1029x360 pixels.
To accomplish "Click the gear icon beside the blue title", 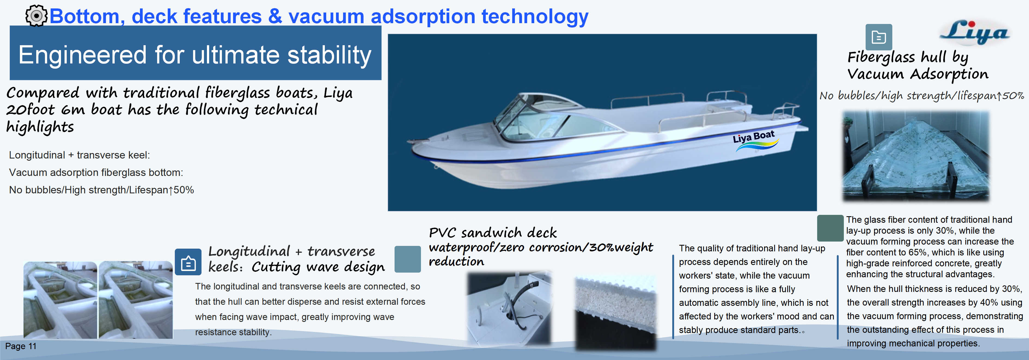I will point(36,16).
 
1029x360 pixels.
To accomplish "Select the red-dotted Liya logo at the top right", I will point(974,32).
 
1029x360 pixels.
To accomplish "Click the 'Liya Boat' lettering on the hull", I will point(753,137).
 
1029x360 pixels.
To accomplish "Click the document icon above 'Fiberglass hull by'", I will point(878,37).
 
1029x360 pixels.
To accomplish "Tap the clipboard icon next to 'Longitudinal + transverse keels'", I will point(188,262).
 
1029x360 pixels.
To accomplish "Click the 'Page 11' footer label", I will point(20,346).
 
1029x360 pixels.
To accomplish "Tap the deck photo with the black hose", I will point(509,308).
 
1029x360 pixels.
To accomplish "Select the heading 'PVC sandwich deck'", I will point(493,233).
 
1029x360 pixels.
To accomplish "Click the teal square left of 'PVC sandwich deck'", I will point(407,259).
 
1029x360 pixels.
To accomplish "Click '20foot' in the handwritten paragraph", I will point(30,110).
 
